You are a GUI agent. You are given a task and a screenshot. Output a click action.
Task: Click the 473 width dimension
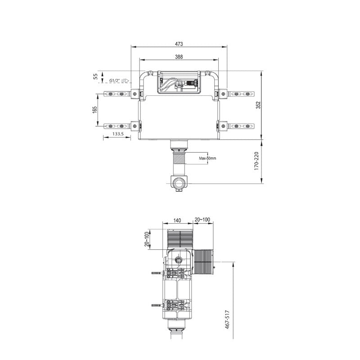click(x=179, y=44)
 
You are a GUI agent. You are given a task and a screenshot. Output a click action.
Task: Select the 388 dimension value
click(x=179, y=57)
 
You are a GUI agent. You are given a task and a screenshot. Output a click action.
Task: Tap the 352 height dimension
click(x=258, y=104)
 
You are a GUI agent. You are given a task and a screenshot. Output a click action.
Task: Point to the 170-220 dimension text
click(x=256, y=161)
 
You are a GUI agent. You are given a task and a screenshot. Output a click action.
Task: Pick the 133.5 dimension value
click(x=117, y=134)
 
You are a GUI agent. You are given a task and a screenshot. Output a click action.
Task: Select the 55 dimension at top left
click(x=95, y=76)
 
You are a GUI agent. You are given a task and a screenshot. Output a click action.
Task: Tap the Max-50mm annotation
click(x=208, y=158)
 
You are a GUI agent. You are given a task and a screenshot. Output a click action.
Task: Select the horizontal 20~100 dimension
click(x=202, y=220)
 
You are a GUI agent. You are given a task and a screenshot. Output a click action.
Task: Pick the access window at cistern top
click(x=179, y=82)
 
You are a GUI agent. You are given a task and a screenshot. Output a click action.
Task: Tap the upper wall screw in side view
click(x=156, y=273)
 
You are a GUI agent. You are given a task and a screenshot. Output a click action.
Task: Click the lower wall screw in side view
click(x=156, y=305)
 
